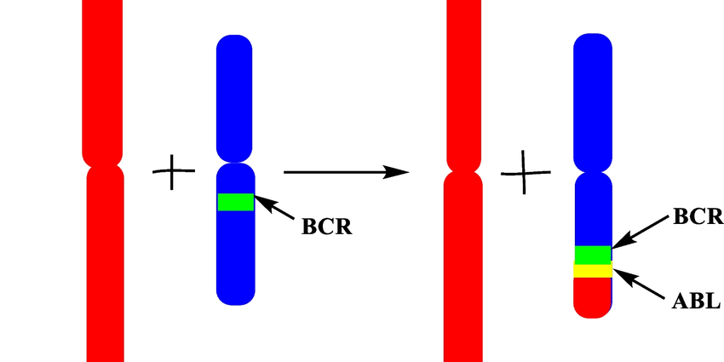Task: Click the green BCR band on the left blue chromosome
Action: click(236, 202)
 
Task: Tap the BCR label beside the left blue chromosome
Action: click(326, 227)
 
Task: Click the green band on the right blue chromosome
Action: click(593, 254)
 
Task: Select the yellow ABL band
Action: click(593, 271)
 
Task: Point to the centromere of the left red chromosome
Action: click(104, 164)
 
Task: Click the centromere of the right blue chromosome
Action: click(593, 170)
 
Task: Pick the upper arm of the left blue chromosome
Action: click(236, 94)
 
